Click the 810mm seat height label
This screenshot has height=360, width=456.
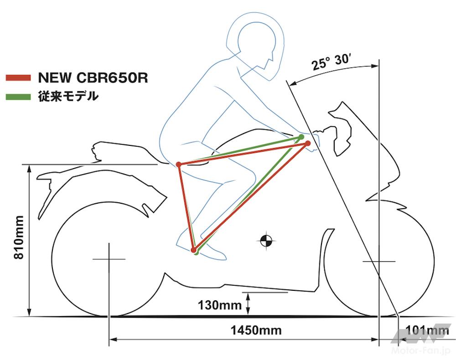click(19, 237)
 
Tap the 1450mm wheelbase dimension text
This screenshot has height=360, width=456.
click(256, 330)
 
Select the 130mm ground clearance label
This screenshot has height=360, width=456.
click(220, 305)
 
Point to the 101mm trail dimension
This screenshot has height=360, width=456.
click(427, 330)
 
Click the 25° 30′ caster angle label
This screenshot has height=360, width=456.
click(330, 62)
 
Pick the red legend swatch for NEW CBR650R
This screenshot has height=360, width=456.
click(18, 77)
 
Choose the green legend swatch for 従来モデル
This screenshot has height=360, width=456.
click(18, 97)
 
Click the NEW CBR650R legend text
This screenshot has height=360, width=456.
click(93, 77)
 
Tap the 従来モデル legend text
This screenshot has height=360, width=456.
click(68, 96)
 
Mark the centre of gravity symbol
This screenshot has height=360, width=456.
click(266, 240)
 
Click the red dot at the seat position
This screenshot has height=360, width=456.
click(179, 165)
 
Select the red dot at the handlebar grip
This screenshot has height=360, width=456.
click(308, 143)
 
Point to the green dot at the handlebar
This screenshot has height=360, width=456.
click(301, 137)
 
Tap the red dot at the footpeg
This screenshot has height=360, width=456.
click(193, 250)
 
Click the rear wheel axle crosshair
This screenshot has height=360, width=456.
click(109, 259)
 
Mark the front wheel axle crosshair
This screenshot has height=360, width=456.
click(379, 262)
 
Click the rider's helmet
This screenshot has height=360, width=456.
click(255, 46)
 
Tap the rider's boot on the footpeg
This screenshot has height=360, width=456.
click(201, 247)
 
